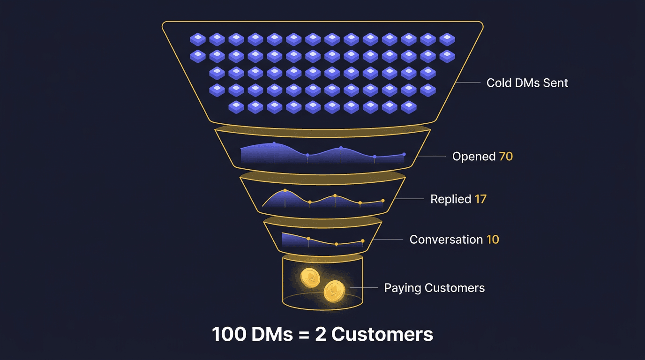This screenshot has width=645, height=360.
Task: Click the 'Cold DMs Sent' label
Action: pyautogui.click(x=527, y=83)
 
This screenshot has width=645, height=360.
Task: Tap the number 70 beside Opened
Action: pyautogui.click(x=506, y=156)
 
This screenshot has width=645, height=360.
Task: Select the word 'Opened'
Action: pyautogui.click(x=473, y=156)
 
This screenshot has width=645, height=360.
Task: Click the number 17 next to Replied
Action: pyautogui.click(x=480, y=199)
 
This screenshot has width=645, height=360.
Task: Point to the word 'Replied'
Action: pyautogui.click(x=450, y=199)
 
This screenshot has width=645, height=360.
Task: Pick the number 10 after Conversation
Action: pyautogui.click(x=493, y=240)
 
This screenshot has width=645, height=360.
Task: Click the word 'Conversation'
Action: pyautogui.click(x=446, y=240)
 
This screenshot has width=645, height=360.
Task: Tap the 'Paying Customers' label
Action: pyautogui.click(x=434, y=288)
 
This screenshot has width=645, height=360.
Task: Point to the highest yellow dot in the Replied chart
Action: pyautogui.click(x=285, y=190)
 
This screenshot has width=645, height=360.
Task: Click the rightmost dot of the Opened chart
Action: pyautogui.click(x=404, y=154)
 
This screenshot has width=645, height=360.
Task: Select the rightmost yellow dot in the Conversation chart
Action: pyautogui.click(x=363, y=241)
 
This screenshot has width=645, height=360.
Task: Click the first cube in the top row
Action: pyautogui.click(x=198, y=39)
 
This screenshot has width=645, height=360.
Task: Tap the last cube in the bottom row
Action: pyautogui.click(x=409, y=107)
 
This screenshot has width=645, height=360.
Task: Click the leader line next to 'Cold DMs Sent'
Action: pyautogui.click(x=469, y=83)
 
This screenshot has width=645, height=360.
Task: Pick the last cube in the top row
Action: pyautogui.click(x=447, y=39)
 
